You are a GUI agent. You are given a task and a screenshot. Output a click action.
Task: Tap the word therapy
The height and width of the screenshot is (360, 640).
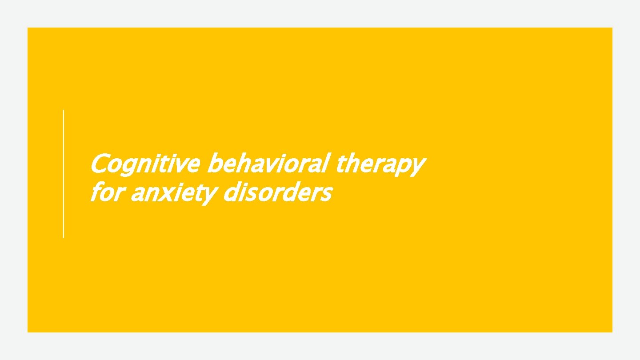point(380,164)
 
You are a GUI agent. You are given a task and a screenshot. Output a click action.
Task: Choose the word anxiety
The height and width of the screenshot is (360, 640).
point(174,194)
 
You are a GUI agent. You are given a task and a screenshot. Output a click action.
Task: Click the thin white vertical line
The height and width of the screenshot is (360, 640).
point(64,173)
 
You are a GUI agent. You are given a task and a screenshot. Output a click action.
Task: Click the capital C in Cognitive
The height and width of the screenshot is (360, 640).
point(98,164)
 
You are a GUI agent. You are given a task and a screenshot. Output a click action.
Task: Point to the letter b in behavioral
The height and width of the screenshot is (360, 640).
point(215,163)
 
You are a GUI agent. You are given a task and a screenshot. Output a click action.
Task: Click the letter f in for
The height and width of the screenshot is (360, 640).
point(95,192)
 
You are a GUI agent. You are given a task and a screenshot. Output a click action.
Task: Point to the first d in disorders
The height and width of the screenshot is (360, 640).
point(231,192)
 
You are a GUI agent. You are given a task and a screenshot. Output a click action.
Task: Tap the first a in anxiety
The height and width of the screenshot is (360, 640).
point(137,194)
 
